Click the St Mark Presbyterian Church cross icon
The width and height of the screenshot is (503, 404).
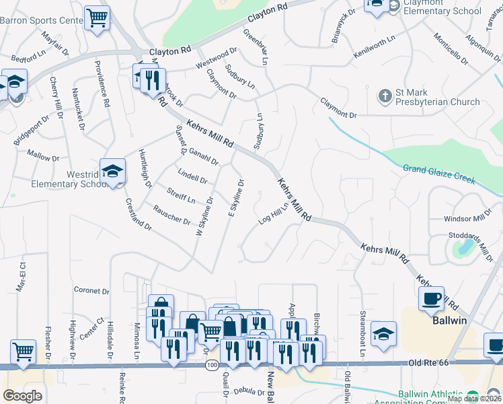click(385, 96)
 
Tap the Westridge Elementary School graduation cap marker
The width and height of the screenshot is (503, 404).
click(113, 171)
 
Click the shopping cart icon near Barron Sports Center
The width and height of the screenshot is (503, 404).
click(98, 17)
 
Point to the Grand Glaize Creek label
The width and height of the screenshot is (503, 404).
click(439, 174)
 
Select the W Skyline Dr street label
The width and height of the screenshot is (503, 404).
click(204, 216)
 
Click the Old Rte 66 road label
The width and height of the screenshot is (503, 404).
click(430, 362)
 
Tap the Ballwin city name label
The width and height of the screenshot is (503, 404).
click(449, 321)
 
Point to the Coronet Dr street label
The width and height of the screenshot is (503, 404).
click(91, 291)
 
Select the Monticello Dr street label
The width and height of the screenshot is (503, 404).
click(450, 48)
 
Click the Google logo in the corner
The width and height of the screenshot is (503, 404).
click(22, 395)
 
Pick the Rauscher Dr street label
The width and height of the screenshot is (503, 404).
click(172, 215)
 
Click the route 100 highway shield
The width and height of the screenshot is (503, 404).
click(212, 364)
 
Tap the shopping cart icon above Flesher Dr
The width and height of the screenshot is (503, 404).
click(23, 351)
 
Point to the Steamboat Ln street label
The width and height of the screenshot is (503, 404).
click(362, 332)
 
